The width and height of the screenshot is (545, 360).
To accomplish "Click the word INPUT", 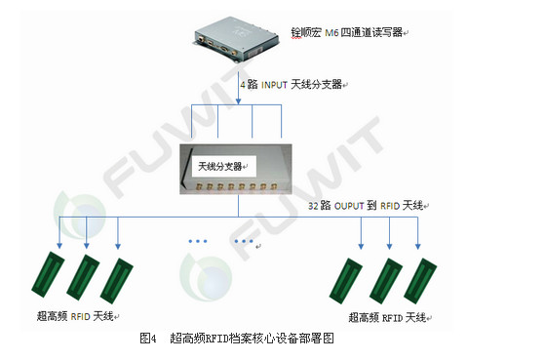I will pos(278,85).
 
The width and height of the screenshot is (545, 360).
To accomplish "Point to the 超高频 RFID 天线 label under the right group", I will pos(387,317).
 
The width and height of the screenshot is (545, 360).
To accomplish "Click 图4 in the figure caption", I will pos(149,339).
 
